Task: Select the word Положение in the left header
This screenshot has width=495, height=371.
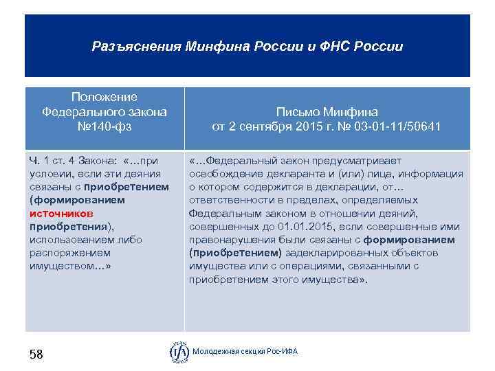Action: pos(104,97)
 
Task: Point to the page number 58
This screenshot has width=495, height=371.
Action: pos(36,355)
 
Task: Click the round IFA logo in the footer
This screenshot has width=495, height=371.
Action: pos(179,352)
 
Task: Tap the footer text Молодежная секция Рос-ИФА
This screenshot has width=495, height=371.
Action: pos(245,352)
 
